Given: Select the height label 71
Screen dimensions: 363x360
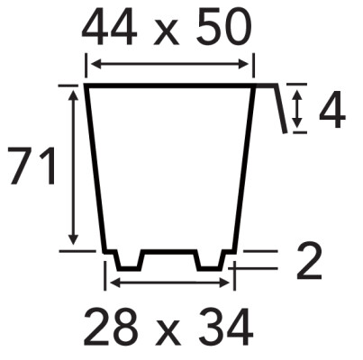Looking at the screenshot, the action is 32,166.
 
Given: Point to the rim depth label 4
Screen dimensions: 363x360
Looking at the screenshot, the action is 332,110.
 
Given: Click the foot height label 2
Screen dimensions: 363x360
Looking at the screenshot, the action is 309,261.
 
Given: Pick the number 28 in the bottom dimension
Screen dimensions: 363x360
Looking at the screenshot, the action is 111,327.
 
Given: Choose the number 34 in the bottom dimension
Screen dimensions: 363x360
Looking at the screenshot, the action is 226,327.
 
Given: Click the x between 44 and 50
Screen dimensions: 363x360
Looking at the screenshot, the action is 167,33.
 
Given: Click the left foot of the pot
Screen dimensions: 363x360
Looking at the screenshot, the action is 130,260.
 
